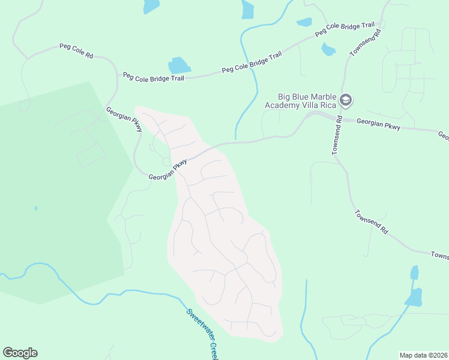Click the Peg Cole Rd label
tap(76, 50)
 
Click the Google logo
tap(20, 353)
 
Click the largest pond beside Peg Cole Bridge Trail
tap(179, 65)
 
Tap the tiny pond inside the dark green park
tap(35, 208)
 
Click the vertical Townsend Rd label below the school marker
tap(339, 135)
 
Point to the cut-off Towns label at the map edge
tap(439, 256)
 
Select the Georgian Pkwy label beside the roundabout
tap(168, 169)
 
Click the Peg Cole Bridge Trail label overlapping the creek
tap(252, 62)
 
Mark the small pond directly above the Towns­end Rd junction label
tap(328, 49)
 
